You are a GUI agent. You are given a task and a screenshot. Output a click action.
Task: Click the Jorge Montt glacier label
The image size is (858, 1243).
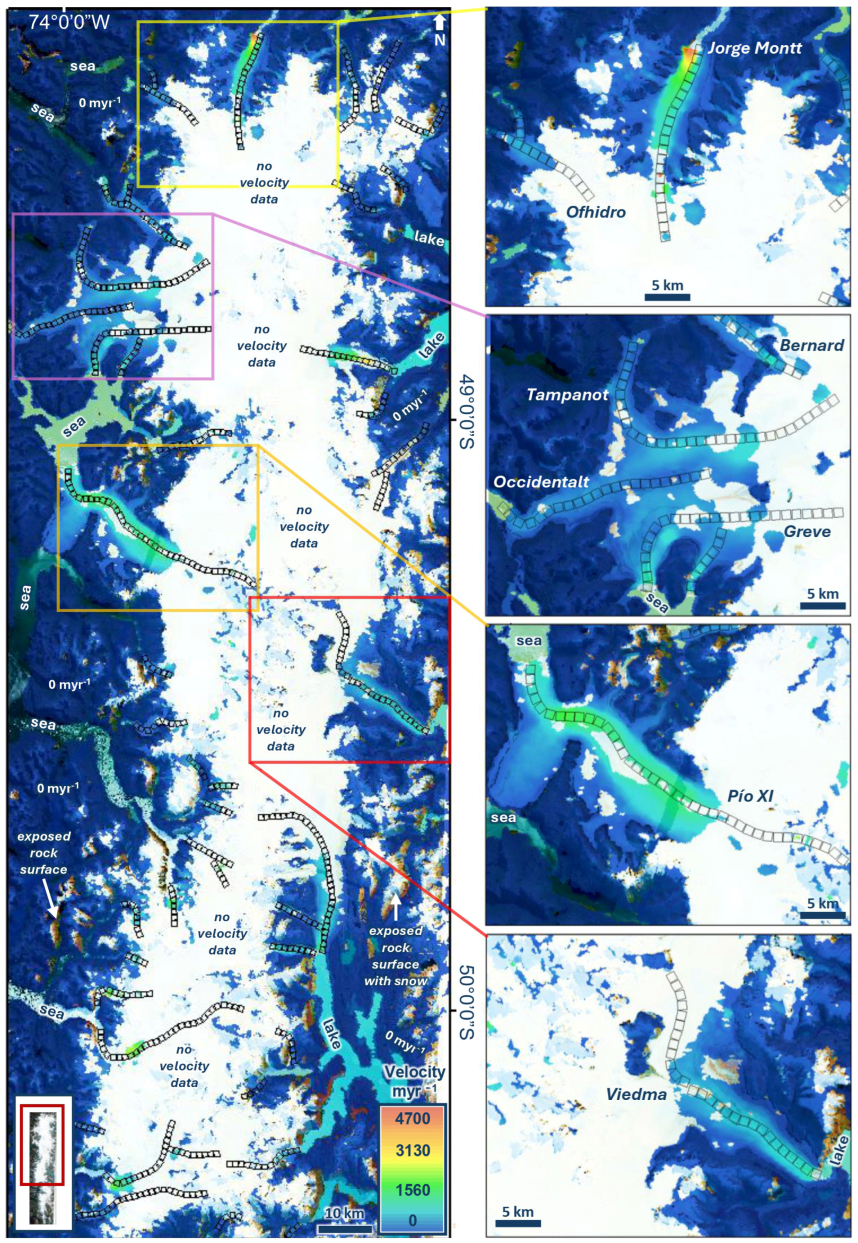(x=754, y=48)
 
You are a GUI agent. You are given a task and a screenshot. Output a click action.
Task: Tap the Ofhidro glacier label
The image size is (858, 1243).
(x=596, y=212)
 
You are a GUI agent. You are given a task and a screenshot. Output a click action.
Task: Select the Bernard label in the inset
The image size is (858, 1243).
(x=811, y=345)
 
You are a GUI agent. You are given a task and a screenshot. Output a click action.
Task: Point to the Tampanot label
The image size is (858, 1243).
(x=567, y=395)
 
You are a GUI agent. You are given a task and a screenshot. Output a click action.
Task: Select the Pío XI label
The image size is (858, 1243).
(x=750, y=796)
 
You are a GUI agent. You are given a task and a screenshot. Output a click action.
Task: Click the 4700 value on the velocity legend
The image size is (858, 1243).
(x=412, y=1119)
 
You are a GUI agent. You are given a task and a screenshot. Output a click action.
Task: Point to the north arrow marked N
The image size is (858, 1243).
(x=439, y=29)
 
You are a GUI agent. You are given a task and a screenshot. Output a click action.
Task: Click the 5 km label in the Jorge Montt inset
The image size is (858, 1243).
(x=667, y=285)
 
